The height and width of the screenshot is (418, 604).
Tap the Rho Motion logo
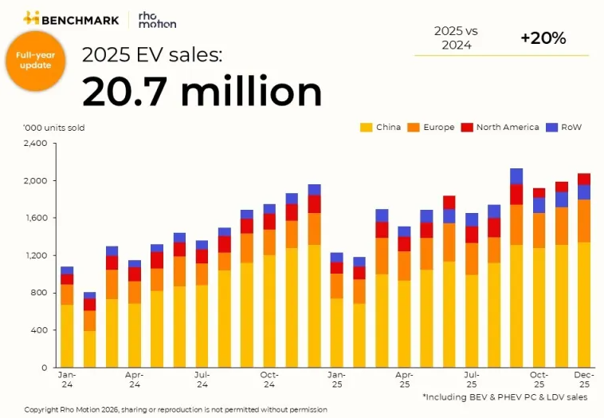(156, 19)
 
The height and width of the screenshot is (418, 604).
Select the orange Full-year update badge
(34, 60)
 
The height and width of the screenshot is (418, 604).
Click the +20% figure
(543, 38)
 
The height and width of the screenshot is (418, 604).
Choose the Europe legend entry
(431, 127)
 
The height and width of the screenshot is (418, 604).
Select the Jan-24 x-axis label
(67, 378)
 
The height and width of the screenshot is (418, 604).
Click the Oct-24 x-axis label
(269, 378)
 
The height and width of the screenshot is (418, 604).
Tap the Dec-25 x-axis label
(585, 378)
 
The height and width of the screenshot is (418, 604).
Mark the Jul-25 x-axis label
(471, 378)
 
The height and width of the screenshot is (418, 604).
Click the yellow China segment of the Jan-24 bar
(67, 336)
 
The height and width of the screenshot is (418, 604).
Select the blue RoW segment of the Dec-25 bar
(584, 191)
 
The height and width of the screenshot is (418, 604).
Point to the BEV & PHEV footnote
(505, 396)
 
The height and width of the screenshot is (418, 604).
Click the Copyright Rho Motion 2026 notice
(175, 409)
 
